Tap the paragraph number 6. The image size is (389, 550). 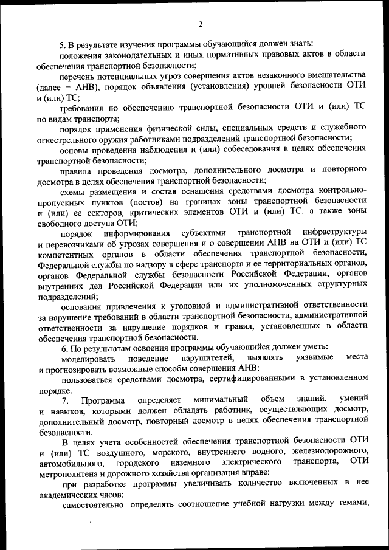point(63,346)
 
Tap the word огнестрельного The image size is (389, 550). point(67,139)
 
